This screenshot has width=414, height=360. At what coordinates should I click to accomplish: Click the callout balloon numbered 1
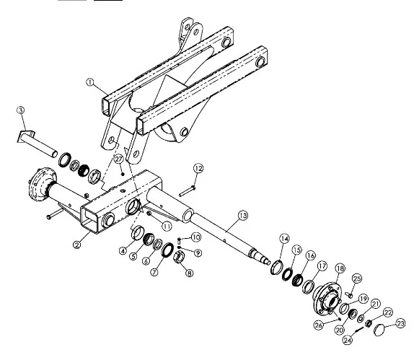coord(90,82)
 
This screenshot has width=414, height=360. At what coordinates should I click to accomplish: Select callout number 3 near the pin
coord(21,110)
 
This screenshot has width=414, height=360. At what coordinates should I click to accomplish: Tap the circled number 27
coord(119,159)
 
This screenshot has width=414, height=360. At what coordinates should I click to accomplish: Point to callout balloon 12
coord(198,169)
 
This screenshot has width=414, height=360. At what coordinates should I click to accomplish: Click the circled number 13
coord(243,216)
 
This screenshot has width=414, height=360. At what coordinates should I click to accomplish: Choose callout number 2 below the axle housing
coord(77,245)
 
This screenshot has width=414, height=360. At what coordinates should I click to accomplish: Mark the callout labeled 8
coord(189,273)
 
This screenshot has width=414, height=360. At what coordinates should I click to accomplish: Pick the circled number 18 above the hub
coord(340,268)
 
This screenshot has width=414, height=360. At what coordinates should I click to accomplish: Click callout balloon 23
coord(400,323)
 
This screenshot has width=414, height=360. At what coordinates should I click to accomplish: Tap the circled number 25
coord(357,278)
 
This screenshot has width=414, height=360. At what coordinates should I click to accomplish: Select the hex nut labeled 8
coord(178,256)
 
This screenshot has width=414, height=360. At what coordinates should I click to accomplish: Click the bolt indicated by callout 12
coord(188,191)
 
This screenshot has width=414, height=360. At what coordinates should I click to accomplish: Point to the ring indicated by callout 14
coord(277,267)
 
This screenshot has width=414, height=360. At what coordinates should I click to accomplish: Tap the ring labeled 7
coord(167,250)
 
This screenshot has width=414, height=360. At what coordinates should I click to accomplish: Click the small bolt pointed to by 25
coord(349,294)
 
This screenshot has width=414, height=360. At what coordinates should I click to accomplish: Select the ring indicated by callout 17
coord(308,286)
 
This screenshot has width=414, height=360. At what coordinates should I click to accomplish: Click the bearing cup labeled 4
coord(138,233)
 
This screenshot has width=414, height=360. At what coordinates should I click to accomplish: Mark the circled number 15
coord(297,250)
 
